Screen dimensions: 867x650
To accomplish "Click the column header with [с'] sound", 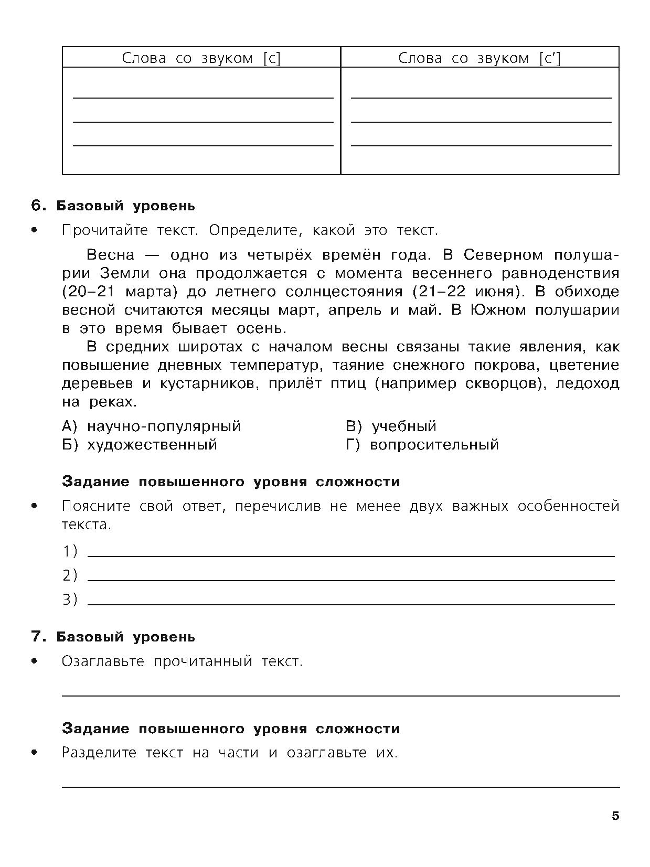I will click(x=479, y=58).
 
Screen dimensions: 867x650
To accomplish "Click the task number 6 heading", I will click(x=113, y=206).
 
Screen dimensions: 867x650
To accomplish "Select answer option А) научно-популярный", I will click(x=151, y=426).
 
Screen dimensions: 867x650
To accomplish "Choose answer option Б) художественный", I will click(x=139, y=445).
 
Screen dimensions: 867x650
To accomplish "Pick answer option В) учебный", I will click(x=391, y=426).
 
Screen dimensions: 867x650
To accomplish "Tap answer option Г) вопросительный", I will click(x=422, y=445).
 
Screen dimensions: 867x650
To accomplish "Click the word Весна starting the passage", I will click(x=110, y=255).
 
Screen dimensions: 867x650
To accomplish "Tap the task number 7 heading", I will click(x=113, y=637).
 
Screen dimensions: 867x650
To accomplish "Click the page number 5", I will click(x=615, y=816).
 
